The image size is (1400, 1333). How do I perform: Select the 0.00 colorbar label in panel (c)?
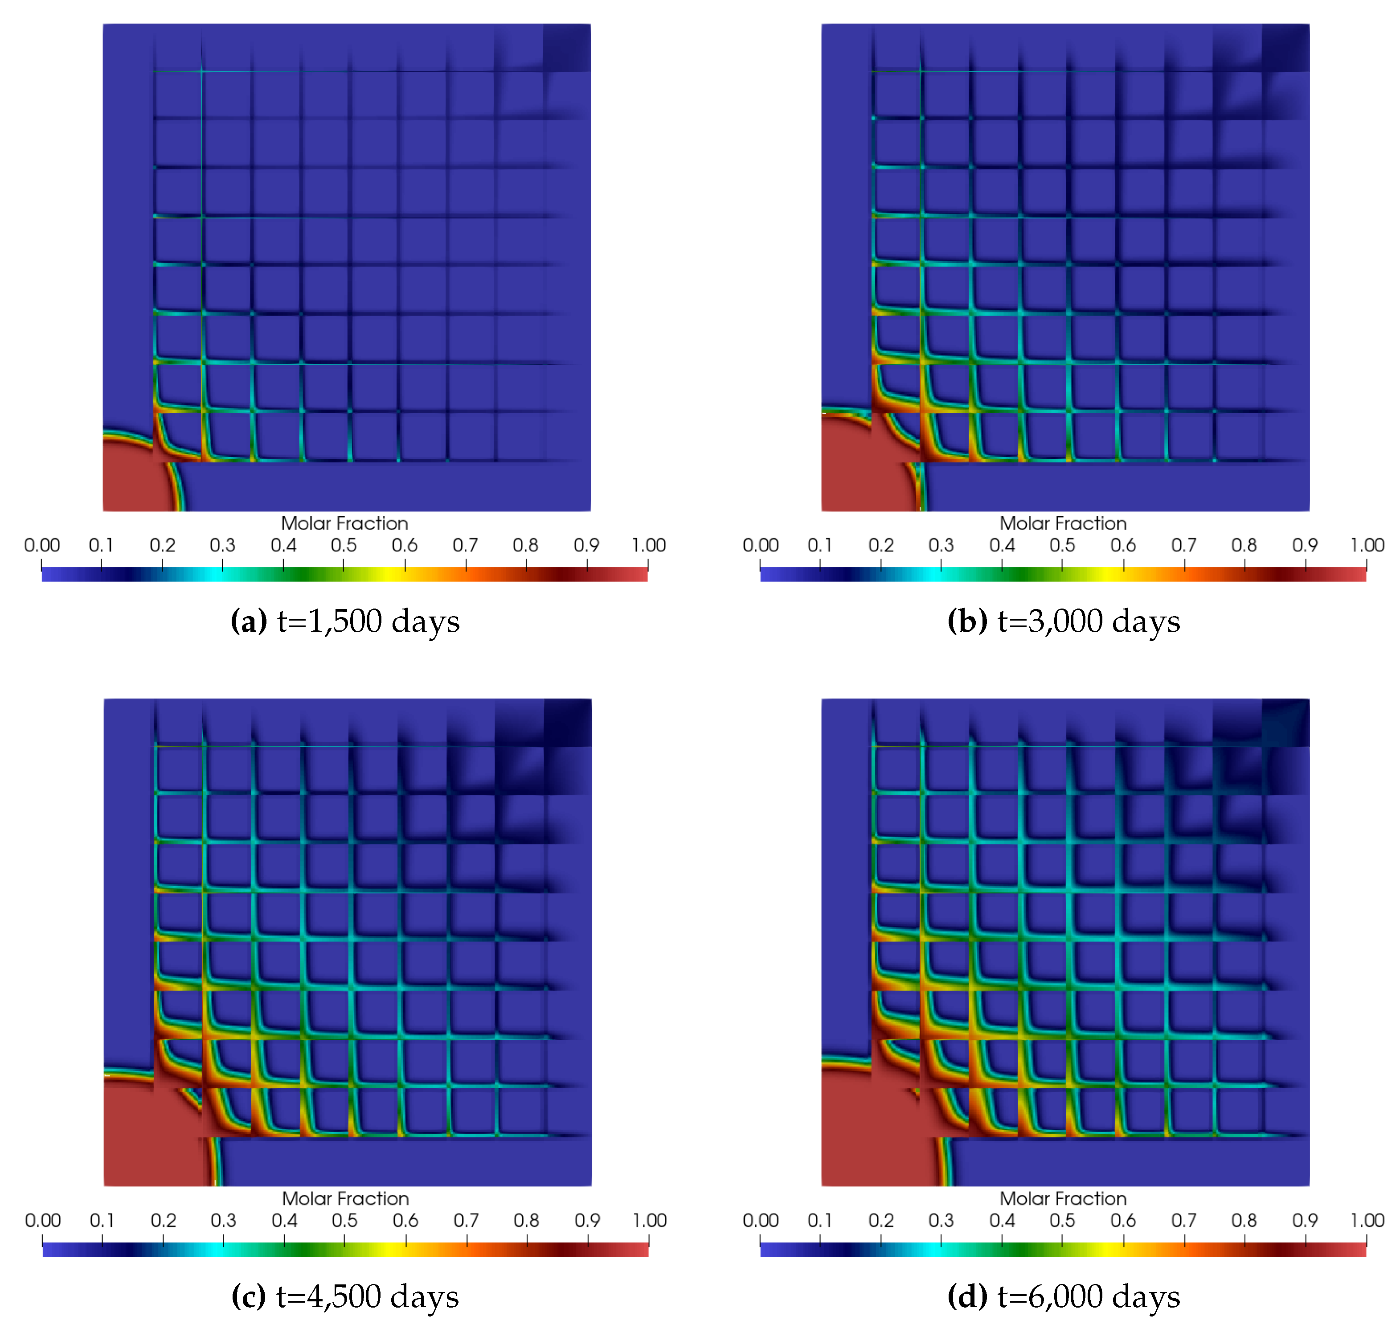tap(43, 1221)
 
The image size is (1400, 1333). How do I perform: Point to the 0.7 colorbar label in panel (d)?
tap(1183, 1221)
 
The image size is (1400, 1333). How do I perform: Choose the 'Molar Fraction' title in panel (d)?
tap(1063, 1199)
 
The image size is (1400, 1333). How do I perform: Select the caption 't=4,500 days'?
tap(367, 1297)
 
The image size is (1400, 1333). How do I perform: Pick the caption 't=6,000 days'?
tap(1088, 1297)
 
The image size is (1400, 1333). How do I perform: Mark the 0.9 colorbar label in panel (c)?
tap(587, 1221)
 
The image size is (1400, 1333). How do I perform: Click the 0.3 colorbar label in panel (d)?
tap(941, 1221)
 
